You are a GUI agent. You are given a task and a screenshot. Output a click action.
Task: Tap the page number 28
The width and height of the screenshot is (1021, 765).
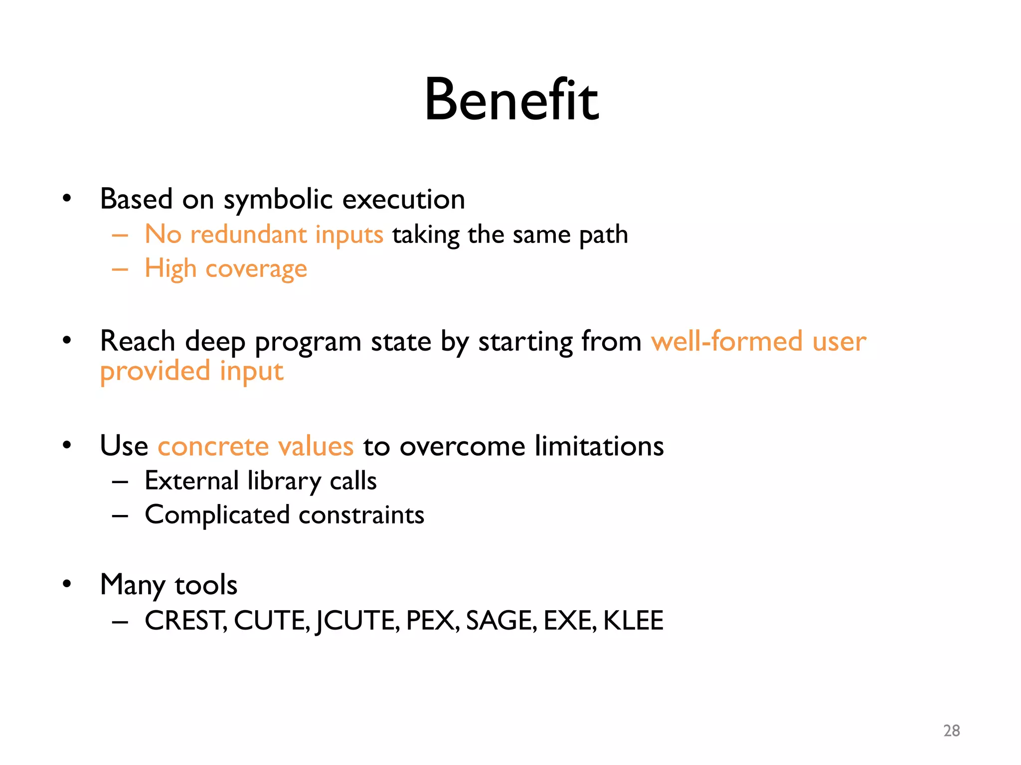(x=951, y=731)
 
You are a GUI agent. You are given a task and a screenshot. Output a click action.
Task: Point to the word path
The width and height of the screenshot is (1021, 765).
(x=603, y=235)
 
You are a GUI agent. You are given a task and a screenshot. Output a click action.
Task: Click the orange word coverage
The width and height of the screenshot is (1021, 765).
(x=256, y=269)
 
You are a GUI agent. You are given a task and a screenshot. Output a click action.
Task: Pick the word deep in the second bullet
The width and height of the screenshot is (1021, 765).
(x=215, y=342)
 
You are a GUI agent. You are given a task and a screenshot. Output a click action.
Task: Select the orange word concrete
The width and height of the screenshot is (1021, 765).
(x=213, y=446)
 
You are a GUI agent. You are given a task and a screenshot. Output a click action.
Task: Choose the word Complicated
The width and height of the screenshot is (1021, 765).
(x=217, y=515)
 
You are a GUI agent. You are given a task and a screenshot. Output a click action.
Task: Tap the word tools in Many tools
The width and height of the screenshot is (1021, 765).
(x=206, y=585)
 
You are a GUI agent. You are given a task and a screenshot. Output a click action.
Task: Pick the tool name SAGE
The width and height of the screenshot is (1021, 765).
(x=501, y=621)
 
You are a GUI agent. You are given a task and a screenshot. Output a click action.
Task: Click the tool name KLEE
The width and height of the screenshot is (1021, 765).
(x=633, y=621)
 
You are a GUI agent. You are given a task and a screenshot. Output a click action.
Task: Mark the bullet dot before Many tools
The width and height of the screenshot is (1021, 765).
(x=67, y=584)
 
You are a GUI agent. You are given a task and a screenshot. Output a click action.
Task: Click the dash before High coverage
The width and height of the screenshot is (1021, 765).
(x=120, y=269)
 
